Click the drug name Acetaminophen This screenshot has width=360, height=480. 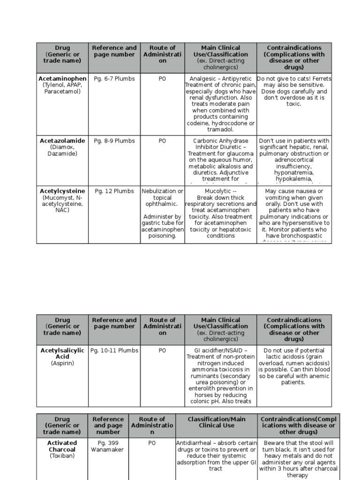coord(62,79)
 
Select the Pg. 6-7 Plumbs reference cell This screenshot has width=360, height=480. coord(114,79)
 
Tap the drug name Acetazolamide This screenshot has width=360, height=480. coord(62,141)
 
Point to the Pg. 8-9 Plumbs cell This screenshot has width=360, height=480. coord(114,141)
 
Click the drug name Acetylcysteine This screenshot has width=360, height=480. coord(62,191)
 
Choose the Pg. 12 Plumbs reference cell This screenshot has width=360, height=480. coord(114,191)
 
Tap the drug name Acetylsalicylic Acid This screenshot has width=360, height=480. coord(62,353)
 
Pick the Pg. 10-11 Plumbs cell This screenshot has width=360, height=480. coord(114,350)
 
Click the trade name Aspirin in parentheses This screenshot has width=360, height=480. coord(62,363)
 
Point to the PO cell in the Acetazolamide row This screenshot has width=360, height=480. coord(162,141)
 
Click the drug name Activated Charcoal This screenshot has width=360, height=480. coord(62,446)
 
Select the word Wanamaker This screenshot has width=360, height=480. coord(108,450)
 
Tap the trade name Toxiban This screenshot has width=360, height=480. coord(62,456)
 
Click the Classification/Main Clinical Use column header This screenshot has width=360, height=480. coord(217,422)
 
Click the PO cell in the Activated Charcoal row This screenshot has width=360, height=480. coord(152,443)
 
